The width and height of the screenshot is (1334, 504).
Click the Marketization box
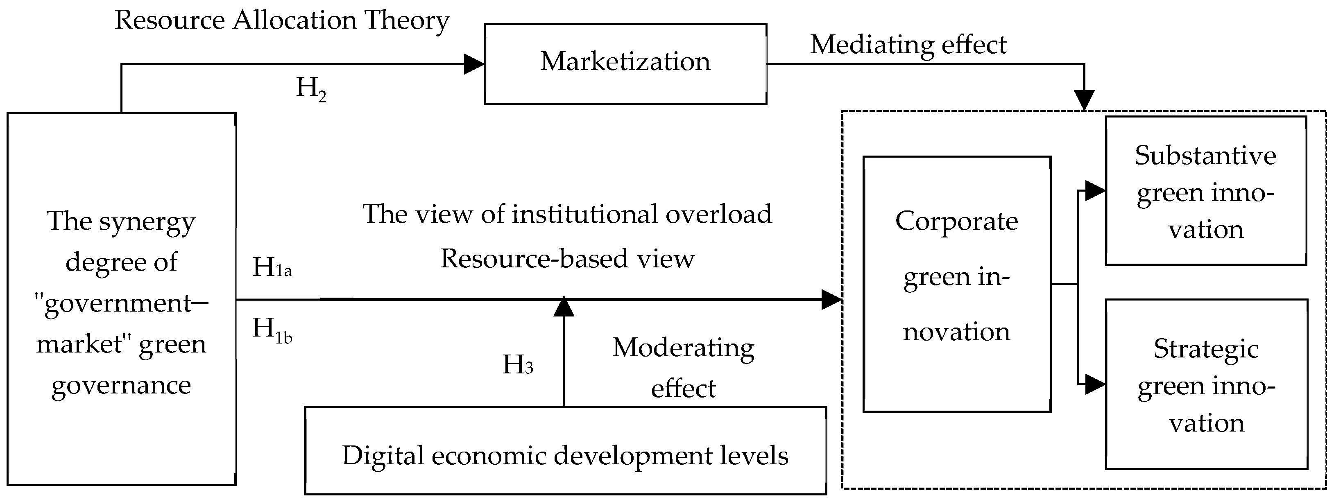pyautogui.click(x=625, y=63)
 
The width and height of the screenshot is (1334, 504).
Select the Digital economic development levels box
pyautogui.click(x=565, y=451)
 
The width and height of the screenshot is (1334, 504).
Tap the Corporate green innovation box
pyautogui.click(x=956, y=284)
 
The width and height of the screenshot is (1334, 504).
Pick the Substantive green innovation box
pyautogui.click(x=1205, y=191)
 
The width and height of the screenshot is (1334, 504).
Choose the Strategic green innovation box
pyautogui.click(x=1206, y=384)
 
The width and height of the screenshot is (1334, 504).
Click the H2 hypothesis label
pyautogui.click(x=311, y=88)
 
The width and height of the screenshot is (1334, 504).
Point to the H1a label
pyautogui.click(x=272, y=267)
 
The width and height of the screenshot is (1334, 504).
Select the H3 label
pyautogui.click(x=517, y=365)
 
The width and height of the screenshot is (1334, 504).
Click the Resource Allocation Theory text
pyautogui.click(x=282, y=21)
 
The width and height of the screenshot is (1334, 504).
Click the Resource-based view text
pyautogui.click(x=567, y=259)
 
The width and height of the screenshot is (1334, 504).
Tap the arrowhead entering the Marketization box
pyautogui.click(x=474, y=64)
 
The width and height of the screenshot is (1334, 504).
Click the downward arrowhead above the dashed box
pyautogui.click(x=1084, y=100)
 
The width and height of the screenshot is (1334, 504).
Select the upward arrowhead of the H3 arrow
pyautogui.click(x=564, y=306)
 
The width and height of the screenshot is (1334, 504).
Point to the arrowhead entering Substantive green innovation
pyautogui.click(x=1095, y=191)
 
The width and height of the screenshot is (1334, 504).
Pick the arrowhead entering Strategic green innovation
pyautogui.click(x=1095, y=384)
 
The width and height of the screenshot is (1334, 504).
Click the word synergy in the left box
pyautogui.click(x=147, y=222)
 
